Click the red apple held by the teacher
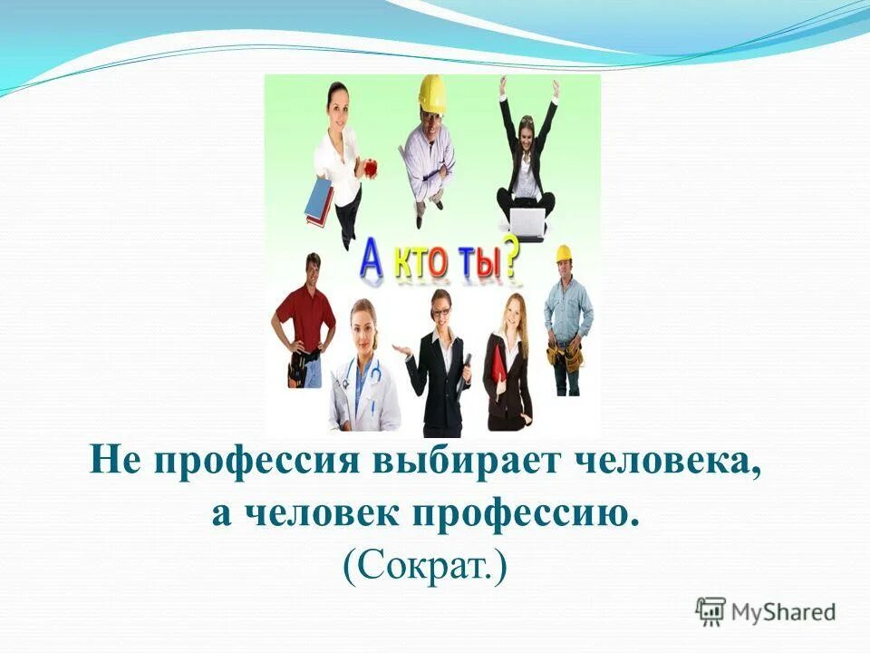click(369, 168)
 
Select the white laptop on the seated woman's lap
click(527, 218)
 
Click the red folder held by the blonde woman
click(498, 368)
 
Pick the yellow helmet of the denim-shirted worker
click(564, 253)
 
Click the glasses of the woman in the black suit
click(441, 312)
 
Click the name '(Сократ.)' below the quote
click(425, 565)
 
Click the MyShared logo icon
click(710, 611)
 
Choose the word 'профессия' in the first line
click(257, 465)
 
